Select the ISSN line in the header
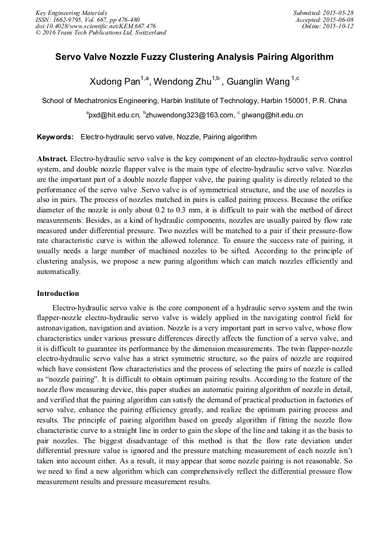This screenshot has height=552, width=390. tap(87, 19)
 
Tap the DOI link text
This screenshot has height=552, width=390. tap(95, 26)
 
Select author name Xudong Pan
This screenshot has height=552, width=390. tap(112, 81)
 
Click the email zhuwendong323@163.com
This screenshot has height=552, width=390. tap(190, 115)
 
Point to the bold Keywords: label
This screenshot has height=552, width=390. tap(55, 138)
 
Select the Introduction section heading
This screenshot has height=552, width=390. tap(58, 294)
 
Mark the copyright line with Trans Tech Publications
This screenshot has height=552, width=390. tap(101, 33)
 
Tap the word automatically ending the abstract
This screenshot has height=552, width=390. tap(59, 272)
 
